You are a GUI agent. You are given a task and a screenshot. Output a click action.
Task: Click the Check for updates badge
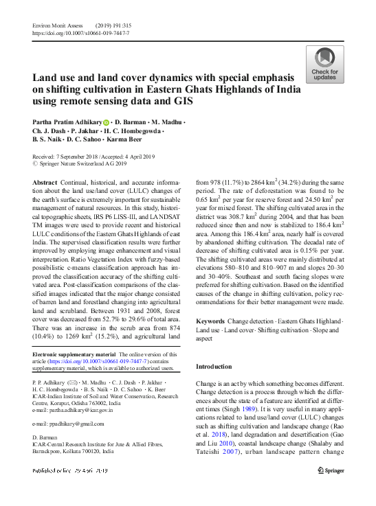tap(324, 65)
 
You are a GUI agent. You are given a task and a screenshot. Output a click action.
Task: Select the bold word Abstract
tap(45, 181)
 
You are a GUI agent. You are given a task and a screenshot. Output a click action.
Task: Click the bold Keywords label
tap(210, 321)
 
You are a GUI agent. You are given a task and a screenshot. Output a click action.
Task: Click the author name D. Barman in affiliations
tap(47, 437)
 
